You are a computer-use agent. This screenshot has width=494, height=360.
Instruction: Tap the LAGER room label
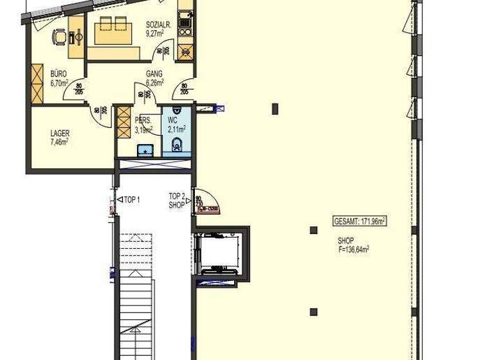60,134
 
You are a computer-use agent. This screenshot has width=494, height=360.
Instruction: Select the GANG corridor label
154,74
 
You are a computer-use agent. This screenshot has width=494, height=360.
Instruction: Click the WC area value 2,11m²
176,129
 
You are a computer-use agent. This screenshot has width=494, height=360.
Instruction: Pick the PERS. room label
143,120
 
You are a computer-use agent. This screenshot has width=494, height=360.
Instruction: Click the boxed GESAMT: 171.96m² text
359,221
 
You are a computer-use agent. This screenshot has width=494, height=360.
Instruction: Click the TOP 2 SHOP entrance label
177,201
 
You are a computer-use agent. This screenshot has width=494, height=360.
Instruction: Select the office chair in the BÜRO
59,38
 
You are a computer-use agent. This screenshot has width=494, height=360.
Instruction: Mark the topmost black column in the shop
275,108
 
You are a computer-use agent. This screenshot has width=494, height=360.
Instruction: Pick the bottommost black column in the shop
313,312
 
